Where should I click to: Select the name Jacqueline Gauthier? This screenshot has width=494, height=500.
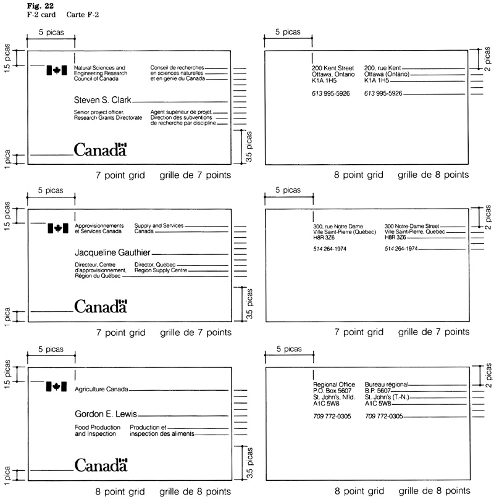point(112,252)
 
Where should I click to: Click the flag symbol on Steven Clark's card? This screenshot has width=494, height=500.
point(56,71)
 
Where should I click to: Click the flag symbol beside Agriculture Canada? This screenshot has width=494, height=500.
point(56,387)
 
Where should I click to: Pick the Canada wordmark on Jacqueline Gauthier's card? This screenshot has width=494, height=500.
point(100,306)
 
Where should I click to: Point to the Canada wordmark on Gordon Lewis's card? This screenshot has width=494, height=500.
point(100,465)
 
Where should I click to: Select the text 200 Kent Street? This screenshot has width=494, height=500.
point(333,67)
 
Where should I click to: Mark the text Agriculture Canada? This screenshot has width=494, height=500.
point(101,390)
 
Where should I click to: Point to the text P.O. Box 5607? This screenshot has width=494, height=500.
point(332,391)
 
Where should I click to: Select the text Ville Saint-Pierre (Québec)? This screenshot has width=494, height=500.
point(343,232)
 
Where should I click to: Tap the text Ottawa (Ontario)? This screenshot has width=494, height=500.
point(387,74)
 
